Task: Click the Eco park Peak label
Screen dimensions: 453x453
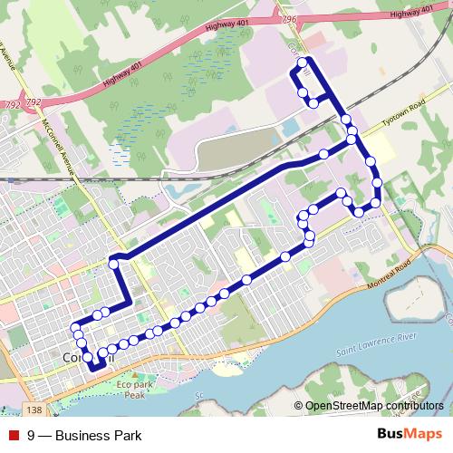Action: [x=134, y=390]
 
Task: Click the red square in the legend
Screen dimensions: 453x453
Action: [x=13, y=436]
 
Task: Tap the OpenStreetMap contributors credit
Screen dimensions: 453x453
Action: [x=373, y=405]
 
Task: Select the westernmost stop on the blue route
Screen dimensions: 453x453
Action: [x=75, y=327]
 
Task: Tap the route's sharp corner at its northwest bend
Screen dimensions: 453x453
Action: [x=112, y=262]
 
